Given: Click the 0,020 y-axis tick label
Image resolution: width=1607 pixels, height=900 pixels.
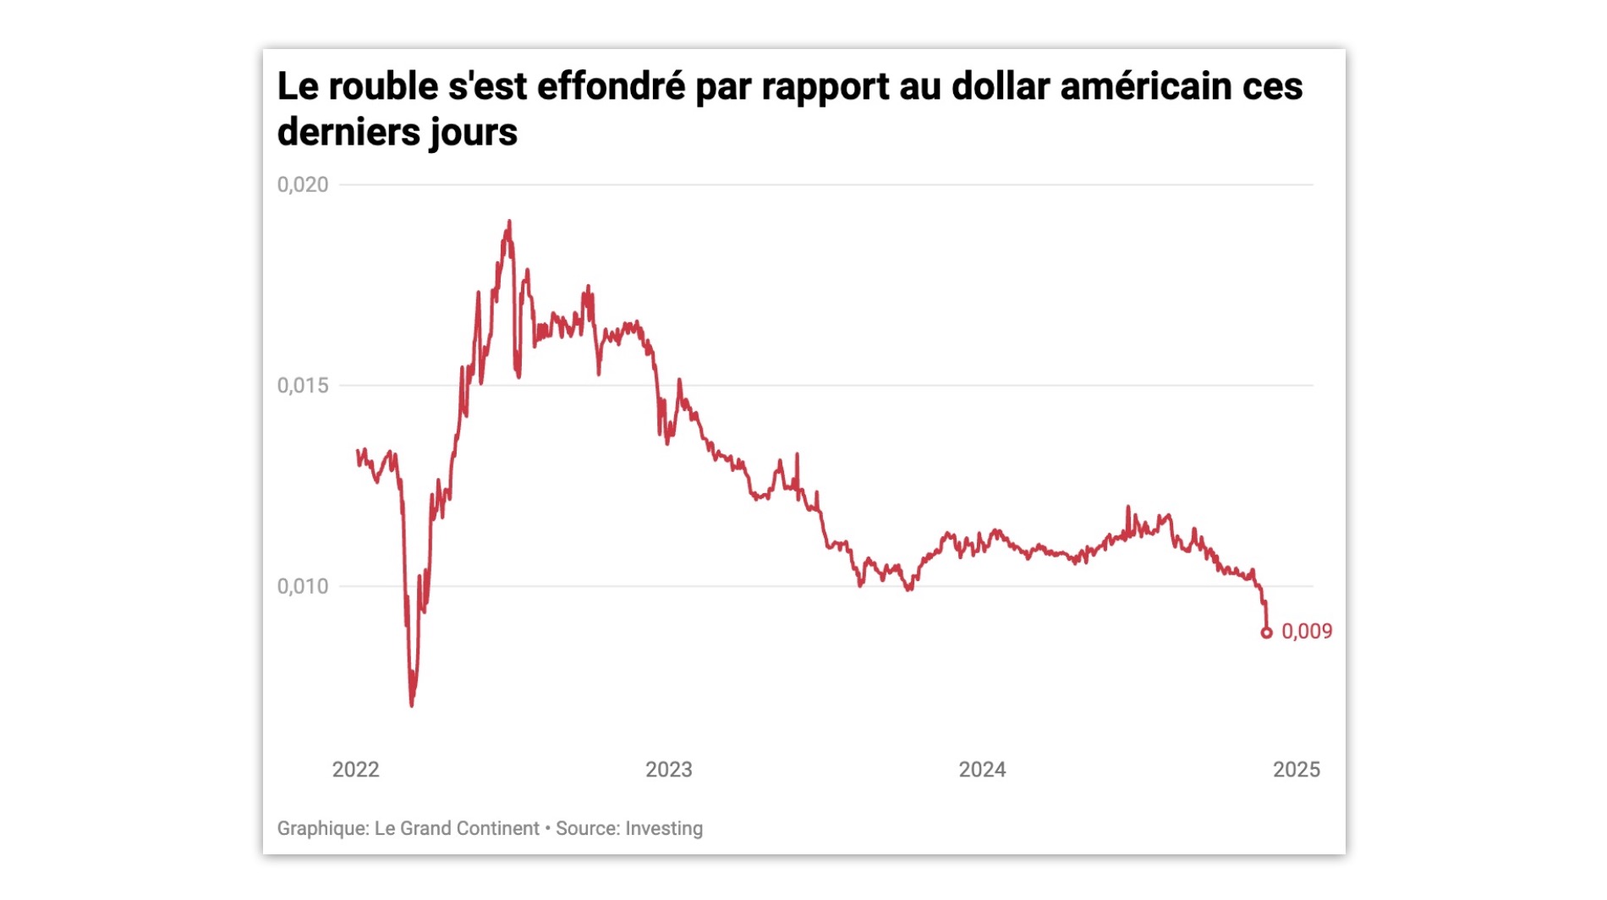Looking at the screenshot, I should pyautogui.click(x=302, y=184).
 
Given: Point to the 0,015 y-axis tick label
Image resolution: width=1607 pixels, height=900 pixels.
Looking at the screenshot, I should pyautogui.click(x=302, y=386).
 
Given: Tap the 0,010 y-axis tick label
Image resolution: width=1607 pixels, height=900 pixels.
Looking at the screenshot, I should pyautogui.click(x=302, y=586).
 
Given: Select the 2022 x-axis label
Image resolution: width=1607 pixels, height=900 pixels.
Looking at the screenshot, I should pyautogui.click(x=355, y=770).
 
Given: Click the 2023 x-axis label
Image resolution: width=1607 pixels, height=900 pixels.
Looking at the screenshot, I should pyautogui.click(x=668, y=770).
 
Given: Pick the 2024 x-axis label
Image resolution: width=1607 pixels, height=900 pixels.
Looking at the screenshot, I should pyautogui.click(x=982, y=770).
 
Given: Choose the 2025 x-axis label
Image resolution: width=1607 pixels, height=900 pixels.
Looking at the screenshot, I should pyautogui.click(x=1296, y=770).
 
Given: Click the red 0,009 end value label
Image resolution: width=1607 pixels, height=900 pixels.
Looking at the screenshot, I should pyautogui.click(x=1307, y=632).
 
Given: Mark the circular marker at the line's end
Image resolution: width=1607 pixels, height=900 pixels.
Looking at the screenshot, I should pyautogui.click(x=1266, y=633).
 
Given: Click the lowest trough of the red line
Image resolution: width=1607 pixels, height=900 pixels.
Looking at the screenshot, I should pyautogui.click(x=412, y=704).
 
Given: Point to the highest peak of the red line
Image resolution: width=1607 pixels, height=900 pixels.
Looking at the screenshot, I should pyautogui.click(x=509, y=222).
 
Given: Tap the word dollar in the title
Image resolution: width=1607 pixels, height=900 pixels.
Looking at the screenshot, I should pyautogui.click(x=1001, y=87).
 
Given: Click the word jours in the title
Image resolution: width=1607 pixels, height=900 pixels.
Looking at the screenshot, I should pyautogui.click(x=473, y=133).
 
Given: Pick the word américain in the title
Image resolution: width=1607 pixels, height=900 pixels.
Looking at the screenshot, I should pyautogui.click(x=1146, y=87).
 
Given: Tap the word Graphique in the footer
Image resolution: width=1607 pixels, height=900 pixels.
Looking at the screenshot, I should pyautogui.click(x=321, y=829).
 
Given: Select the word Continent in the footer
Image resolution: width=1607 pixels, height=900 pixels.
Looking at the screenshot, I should pyautogui.click(x=499, y=829).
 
